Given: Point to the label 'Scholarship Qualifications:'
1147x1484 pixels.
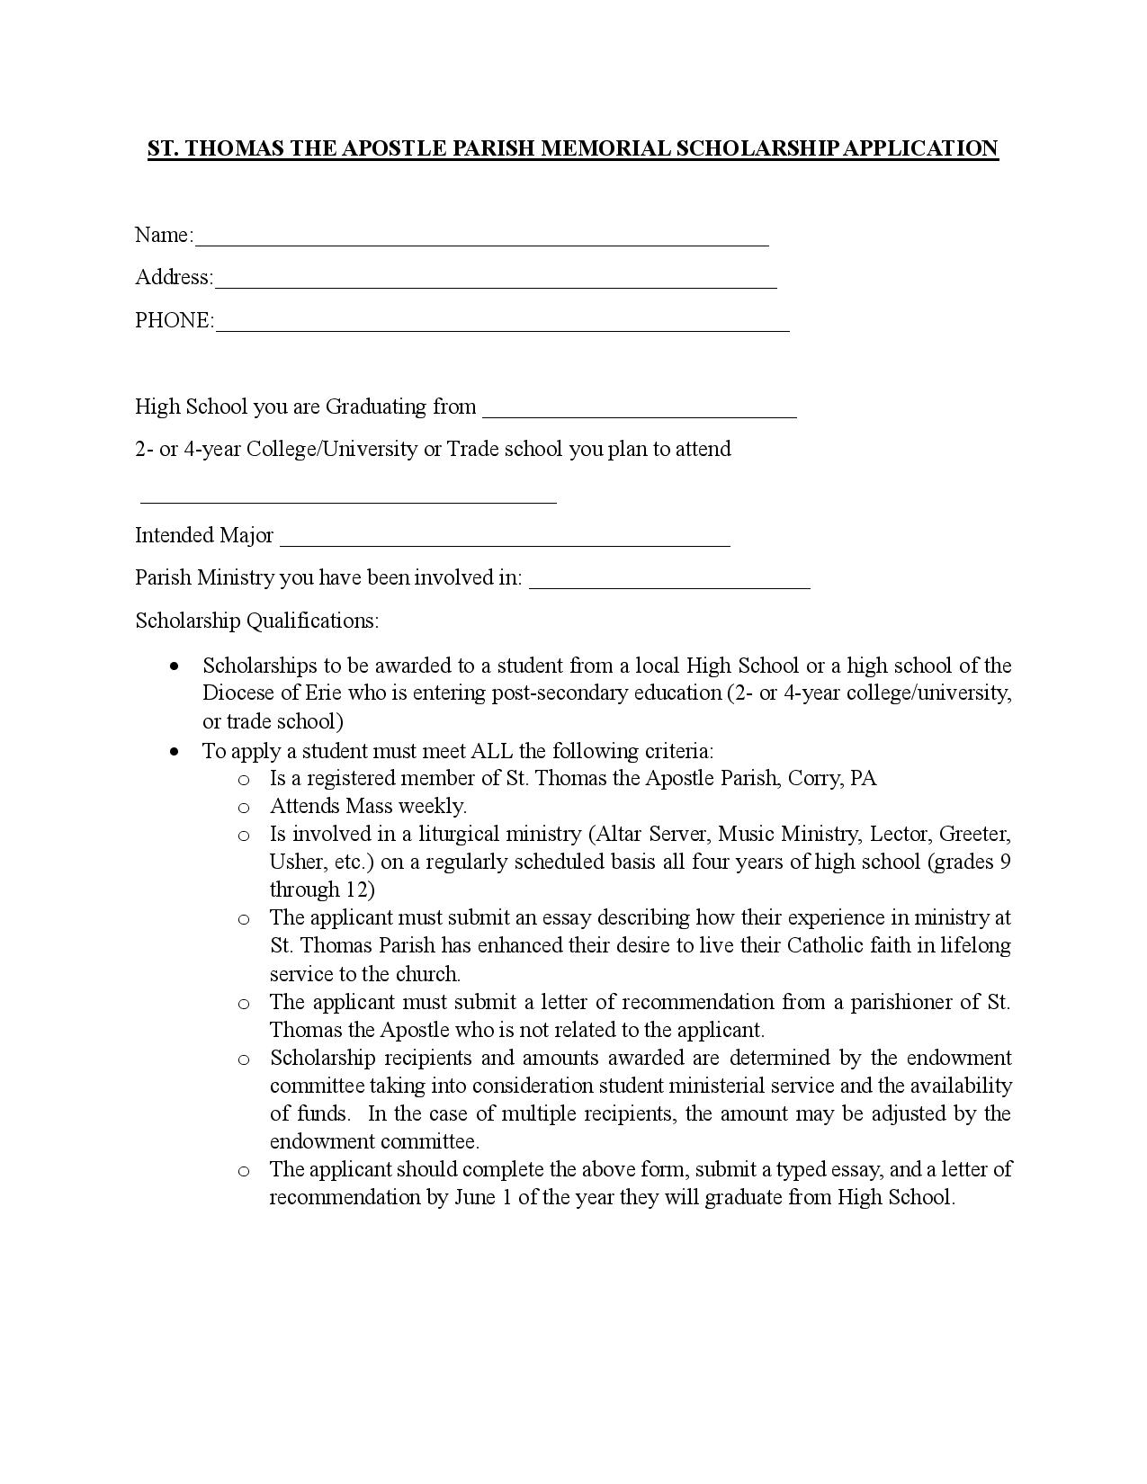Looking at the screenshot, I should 257,621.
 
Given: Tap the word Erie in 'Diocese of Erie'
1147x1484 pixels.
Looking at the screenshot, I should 324,693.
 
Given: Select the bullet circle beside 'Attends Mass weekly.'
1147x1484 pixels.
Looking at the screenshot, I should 244,807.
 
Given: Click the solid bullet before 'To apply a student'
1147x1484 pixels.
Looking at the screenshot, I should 175,751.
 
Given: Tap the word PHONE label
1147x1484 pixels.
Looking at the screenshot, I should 173,321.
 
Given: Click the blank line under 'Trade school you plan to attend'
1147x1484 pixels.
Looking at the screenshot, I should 348,496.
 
